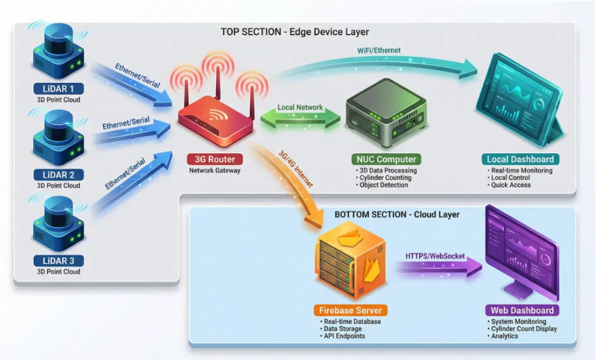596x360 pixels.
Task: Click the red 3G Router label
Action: click(214, 159)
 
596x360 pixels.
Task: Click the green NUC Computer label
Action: click(385, 159)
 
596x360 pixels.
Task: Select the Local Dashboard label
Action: click(521, 159)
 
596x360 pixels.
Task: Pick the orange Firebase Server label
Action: click(350, 310)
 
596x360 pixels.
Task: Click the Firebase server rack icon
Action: click(350, 261)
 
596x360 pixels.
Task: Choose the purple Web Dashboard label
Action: click(522, 310)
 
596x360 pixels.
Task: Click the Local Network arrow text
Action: click(300, 108)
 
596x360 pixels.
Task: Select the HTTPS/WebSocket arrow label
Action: click(435, 256)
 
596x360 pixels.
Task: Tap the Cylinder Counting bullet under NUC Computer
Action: click(386, 178)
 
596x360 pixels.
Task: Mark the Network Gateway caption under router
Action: click(214, 171)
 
